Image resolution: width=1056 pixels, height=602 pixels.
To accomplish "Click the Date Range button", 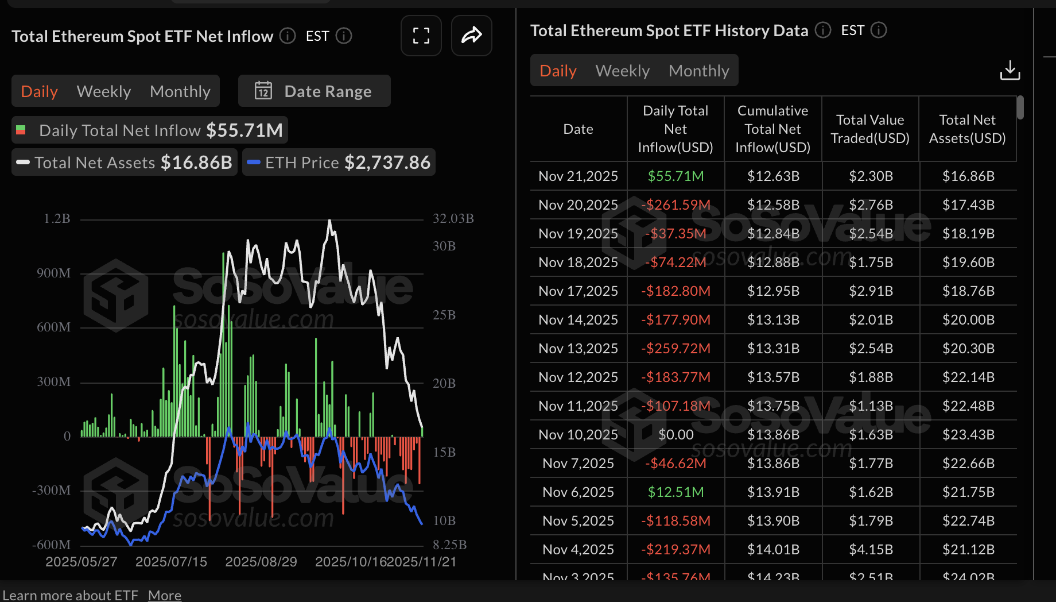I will [x=314, y=91].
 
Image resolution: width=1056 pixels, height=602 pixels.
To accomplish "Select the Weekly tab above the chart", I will [x=104, y=91].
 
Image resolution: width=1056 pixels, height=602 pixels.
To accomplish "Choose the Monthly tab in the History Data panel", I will [x=698, y=71].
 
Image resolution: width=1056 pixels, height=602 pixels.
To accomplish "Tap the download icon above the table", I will [x=1010, y=71].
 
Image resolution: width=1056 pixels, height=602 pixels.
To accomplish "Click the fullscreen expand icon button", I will [x=421, y=36].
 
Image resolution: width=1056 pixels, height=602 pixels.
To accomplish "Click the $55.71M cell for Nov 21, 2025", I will [x=675, y=176].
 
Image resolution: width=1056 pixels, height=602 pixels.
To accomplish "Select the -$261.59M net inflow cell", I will [x=675, y=205].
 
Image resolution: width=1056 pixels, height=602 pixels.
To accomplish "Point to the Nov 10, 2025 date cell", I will [x=578, y=435].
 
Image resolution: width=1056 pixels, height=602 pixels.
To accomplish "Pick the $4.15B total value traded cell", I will [x=871, y=550].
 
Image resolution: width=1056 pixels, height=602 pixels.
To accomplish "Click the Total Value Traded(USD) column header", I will [x=870, y=129].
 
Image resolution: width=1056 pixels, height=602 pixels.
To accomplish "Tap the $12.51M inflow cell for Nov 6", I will [x=675, y=492].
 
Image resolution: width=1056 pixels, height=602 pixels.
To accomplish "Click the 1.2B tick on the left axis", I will [x=57, y=219].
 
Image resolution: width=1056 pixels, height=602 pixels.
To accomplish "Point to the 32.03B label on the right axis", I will [x=453, y=219].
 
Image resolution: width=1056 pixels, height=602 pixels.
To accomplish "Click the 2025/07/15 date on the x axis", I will [x=171, y=562].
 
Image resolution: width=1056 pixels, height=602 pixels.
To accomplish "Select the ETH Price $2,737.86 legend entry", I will [x=339, y=163].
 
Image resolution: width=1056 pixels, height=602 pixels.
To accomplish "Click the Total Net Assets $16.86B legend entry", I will [x=125, y=163].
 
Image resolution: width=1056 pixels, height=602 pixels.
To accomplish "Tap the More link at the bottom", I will [x=165, y=595].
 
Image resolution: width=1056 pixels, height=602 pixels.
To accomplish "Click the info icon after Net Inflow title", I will [x=288, y=36].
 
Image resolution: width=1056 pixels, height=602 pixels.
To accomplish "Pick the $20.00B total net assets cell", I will [x=968, y=320].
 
